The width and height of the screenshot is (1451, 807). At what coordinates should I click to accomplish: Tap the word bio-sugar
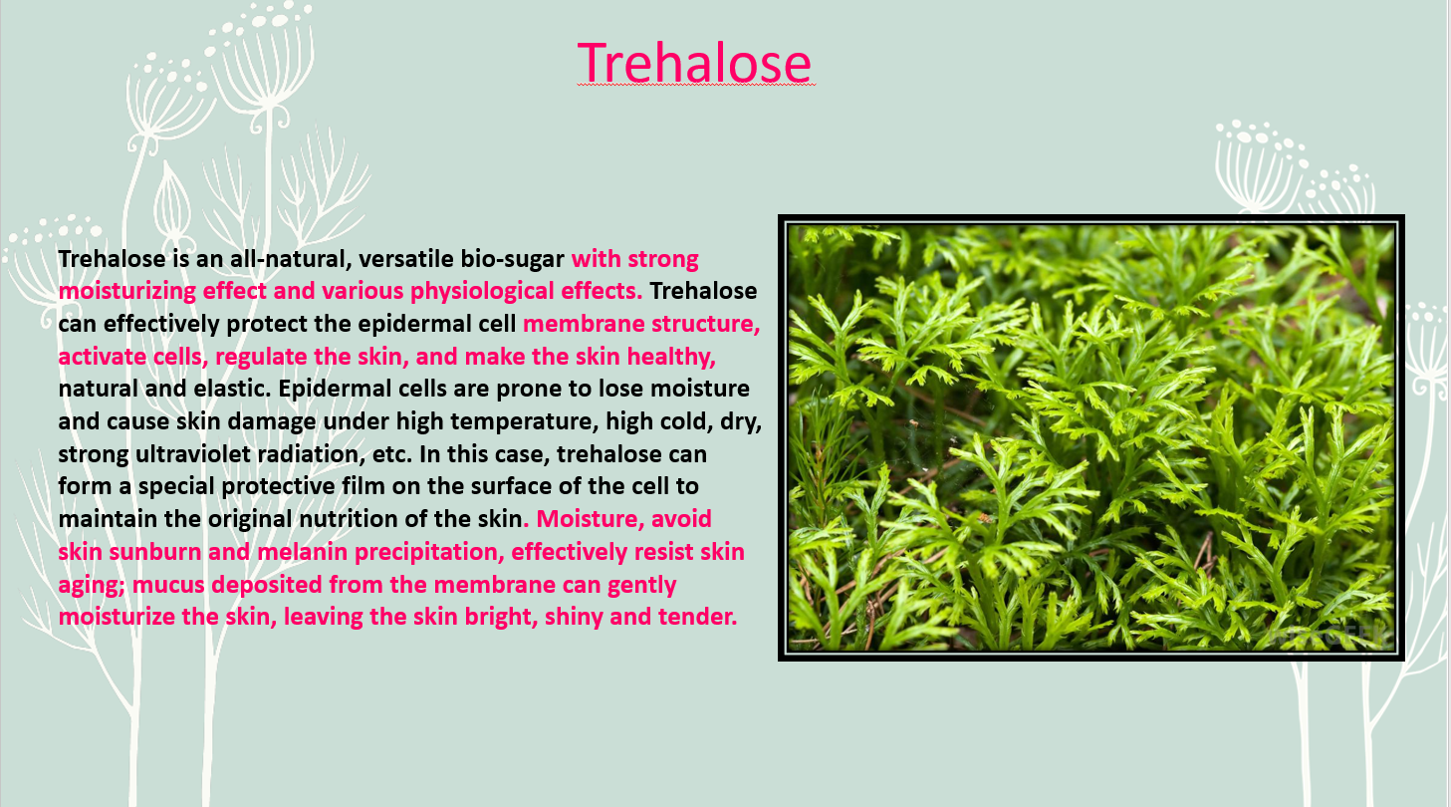[x=513, y=260]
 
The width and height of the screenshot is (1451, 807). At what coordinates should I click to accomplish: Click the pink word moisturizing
[x=126, y=291]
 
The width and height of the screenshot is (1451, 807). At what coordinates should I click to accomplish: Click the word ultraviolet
[x=192, y=453]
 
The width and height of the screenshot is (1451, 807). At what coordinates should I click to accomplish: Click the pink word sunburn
[x=155, y=552]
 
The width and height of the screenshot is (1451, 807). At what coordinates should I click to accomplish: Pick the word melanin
[x=303, y=552]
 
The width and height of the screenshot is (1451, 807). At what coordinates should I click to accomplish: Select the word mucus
[x=168, y=585]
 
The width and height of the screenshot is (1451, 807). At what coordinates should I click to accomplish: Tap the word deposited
[x=267, y=585]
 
